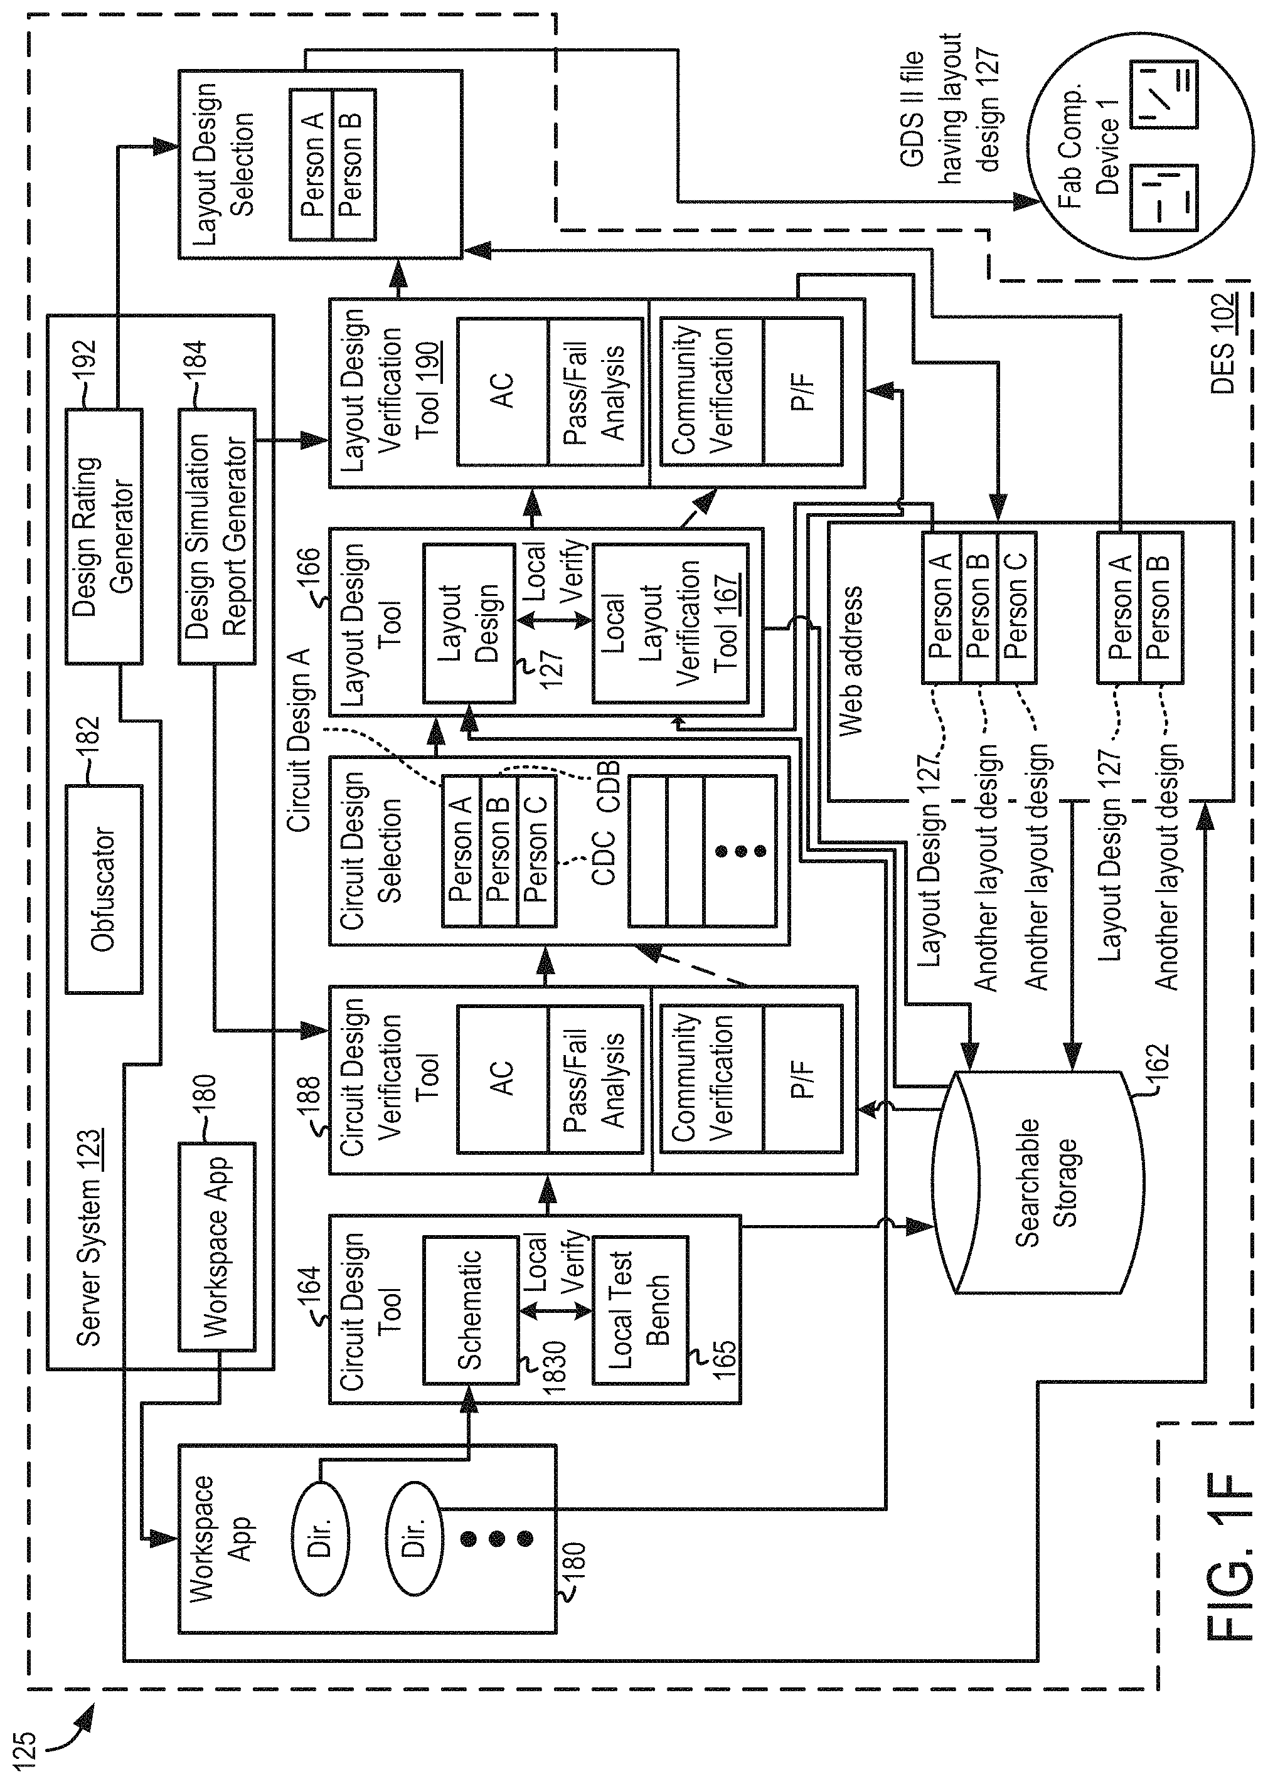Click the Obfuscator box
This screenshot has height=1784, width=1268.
point(103,889)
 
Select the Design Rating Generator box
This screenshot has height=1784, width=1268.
point(103,536)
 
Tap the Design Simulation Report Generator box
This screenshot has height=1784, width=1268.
point(217,536)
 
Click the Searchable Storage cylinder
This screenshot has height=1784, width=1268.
point(1038,1183)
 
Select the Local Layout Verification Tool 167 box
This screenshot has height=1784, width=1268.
point(670,624)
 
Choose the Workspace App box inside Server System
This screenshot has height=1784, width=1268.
point(217,1246)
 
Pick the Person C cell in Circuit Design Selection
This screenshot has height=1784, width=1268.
point(537,851)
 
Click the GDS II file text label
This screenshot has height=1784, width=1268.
point(913,109)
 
